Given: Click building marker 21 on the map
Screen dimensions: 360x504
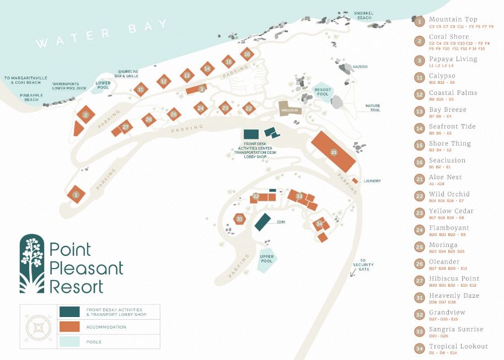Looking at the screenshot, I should [334, 152].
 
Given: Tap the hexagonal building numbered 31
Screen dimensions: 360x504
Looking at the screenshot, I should [239, 219].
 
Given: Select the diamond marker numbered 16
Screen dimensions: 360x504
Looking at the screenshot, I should [247, 54].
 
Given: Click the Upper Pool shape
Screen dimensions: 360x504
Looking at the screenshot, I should [267, 257].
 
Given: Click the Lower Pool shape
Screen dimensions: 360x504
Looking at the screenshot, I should [103, 85].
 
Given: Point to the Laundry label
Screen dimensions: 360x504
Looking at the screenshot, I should [372, 181].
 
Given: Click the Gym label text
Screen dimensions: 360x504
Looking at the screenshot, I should [281, 222].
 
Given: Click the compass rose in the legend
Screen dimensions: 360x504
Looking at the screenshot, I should [38, 327].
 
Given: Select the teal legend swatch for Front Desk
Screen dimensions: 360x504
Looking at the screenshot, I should [69, 312].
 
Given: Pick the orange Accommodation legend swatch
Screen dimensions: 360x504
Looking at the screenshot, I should [69, 327].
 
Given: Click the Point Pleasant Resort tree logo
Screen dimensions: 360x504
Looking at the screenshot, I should [32, 264].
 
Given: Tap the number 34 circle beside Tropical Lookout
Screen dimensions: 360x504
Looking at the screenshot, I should [420, 348].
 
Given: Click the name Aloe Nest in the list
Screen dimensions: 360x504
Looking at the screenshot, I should [446, 177].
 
